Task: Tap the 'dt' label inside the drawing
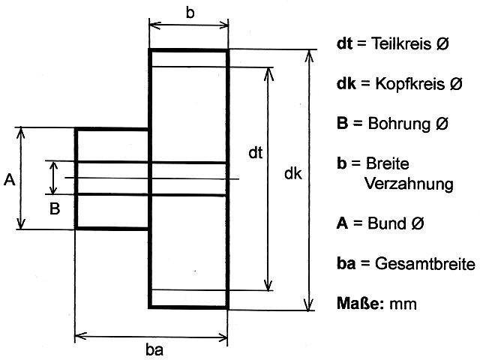pyautogui.click(x=255, y=154)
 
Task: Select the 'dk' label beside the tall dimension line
pyautogui.click(x=293, y=174)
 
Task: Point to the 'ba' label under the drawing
pyautogui.click(x=154, y=349)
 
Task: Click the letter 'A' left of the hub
pyautogui.click(x=9, y=179)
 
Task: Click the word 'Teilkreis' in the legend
pyautogui.click(x=402, y=45)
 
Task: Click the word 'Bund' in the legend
pyautogui.click(x=386, y=223)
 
